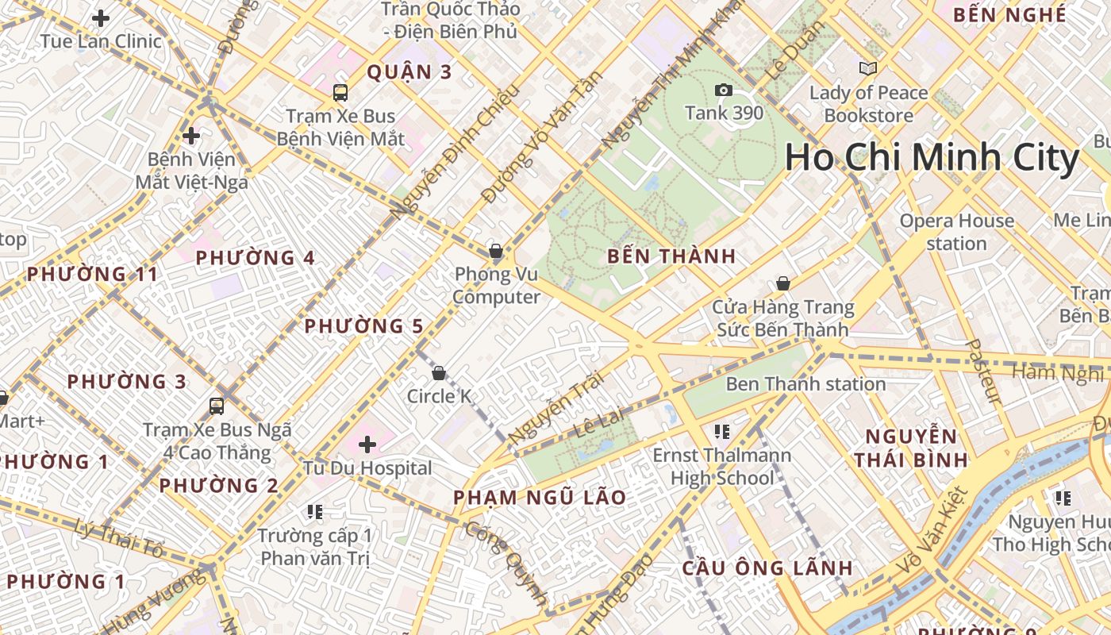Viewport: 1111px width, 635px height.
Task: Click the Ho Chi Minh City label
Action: pos(932,158)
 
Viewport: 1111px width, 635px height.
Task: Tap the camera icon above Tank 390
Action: pos(723,90)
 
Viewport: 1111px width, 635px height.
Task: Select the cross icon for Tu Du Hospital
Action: pos(367,444)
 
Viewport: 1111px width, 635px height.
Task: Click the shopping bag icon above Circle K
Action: pos(438,373)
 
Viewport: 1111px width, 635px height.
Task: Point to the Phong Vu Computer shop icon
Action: pos(496,252)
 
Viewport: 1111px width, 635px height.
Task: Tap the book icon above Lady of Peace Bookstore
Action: pos(868,69)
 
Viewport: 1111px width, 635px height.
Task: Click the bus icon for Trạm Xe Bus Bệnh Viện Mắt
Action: pos(340,93)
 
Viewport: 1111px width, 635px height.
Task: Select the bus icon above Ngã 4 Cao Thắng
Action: pos(217,406)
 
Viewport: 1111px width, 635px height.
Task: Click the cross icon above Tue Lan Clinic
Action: pos(101,17)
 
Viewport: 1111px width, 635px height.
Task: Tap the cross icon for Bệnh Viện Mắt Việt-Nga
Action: pos(191,136)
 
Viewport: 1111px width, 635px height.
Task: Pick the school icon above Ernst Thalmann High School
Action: pos(721,432)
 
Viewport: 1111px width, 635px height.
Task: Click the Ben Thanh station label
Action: pos(805,384)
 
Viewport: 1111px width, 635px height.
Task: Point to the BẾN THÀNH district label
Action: pos(671,256)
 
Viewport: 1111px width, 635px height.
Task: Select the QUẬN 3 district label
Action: pos(409,72)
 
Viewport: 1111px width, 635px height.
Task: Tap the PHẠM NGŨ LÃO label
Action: pos(540,498)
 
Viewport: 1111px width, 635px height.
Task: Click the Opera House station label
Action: pos(956,232)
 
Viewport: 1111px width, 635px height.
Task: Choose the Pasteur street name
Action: pos(982,371)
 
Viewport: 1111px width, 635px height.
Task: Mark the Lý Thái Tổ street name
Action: pos(119,539)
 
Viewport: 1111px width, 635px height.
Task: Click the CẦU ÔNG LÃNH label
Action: pos(767,568)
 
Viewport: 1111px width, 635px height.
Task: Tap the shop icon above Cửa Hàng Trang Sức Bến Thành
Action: pos(783,283)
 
